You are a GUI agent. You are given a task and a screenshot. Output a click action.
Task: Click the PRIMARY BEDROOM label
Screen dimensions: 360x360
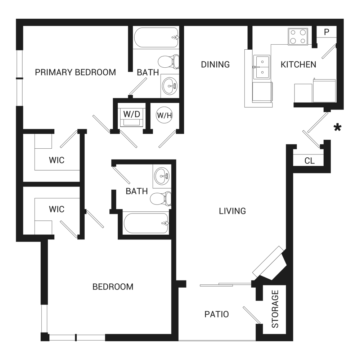click(x=75, y=72)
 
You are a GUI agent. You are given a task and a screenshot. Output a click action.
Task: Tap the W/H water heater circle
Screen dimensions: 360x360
click(x=165, y=115)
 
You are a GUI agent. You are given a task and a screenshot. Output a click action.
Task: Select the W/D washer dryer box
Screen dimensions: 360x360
click(x=131, y=117)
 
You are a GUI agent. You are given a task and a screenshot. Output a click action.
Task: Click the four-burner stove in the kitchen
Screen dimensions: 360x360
click(x=298, y=37)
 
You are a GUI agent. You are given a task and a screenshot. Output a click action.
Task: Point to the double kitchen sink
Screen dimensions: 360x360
click(x=261, y=67)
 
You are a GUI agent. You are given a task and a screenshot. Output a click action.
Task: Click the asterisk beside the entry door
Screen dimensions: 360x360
click(x=338, y=127)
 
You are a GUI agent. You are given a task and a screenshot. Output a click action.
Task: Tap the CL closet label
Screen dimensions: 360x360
click(x=309, y=161)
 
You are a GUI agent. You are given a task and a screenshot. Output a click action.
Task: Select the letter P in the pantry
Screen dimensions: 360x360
click(x=327, y=32)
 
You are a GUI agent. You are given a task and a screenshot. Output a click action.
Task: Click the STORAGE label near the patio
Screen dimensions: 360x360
click(x=275, y=309)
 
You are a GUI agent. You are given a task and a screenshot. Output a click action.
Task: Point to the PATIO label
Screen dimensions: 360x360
click(x=216, y=314)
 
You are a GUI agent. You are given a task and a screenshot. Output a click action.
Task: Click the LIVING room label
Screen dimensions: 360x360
click(x=232, y=211)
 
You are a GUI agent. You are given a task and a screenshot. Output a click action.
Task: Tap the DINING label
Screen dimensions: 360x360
click(x=215, y=64)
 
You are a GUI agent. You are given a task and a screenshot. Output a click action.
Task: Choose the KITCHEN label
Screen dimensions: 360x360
click(x=298, y=65)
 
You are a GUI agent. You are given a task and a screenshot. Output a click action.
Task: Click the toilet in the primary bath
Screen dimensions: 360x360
click(x=168, y=62)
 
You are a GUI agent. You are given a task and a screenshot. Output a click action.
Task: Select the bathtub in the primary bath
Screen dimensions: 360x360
click(x=156, y=38)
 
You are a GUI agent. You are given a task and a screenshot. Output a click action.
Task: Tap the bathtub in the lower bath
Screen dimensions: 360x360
click(x=146, y=223)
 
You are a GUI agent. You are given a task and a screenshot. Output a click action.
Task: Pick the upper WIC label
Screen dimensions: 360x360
click(x=57, y=160)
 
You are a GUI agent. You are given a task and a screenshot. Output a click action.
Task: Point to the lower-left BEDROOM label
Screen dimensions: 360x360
click(x=113, y=287)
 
